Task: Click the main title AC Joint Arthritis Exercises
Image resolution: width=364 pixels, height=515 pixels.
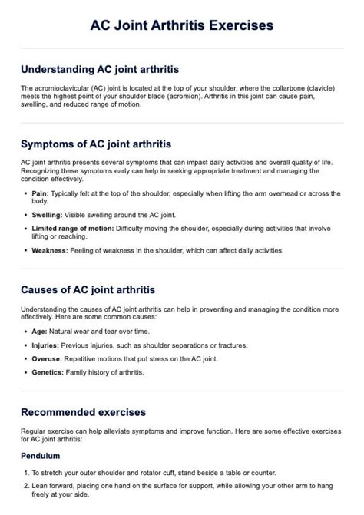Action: (182, 25)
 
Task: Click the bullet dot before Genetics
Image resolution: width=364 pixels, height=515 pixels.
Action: (25, 372)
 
